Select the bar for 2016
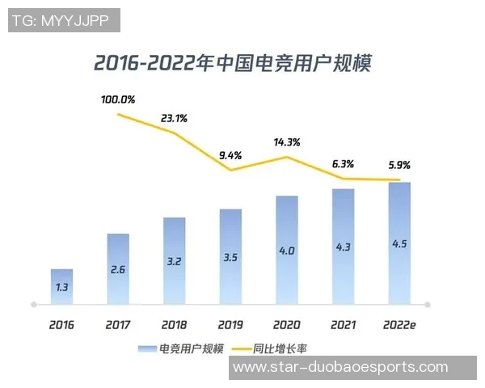[61, 286]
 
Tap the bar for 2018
[174, 260]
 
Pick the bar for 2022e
[399, 242]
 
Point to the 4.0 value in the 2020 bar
[286, 251]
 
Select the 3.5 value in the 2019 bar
[230, 258]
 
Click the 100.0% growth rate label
[118, 100]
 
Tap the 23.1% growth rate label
[174, 118]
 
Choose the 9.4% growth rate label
[230, 155]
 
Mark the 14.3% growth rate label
[286, 142]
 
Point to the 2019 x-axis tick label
[230, 325]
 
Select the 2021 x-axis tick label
[343, 325]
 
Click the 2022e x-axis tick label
[399, 325]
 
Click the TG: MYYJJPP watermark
[65, 20]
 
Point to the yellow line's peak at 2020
[286, 157]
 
